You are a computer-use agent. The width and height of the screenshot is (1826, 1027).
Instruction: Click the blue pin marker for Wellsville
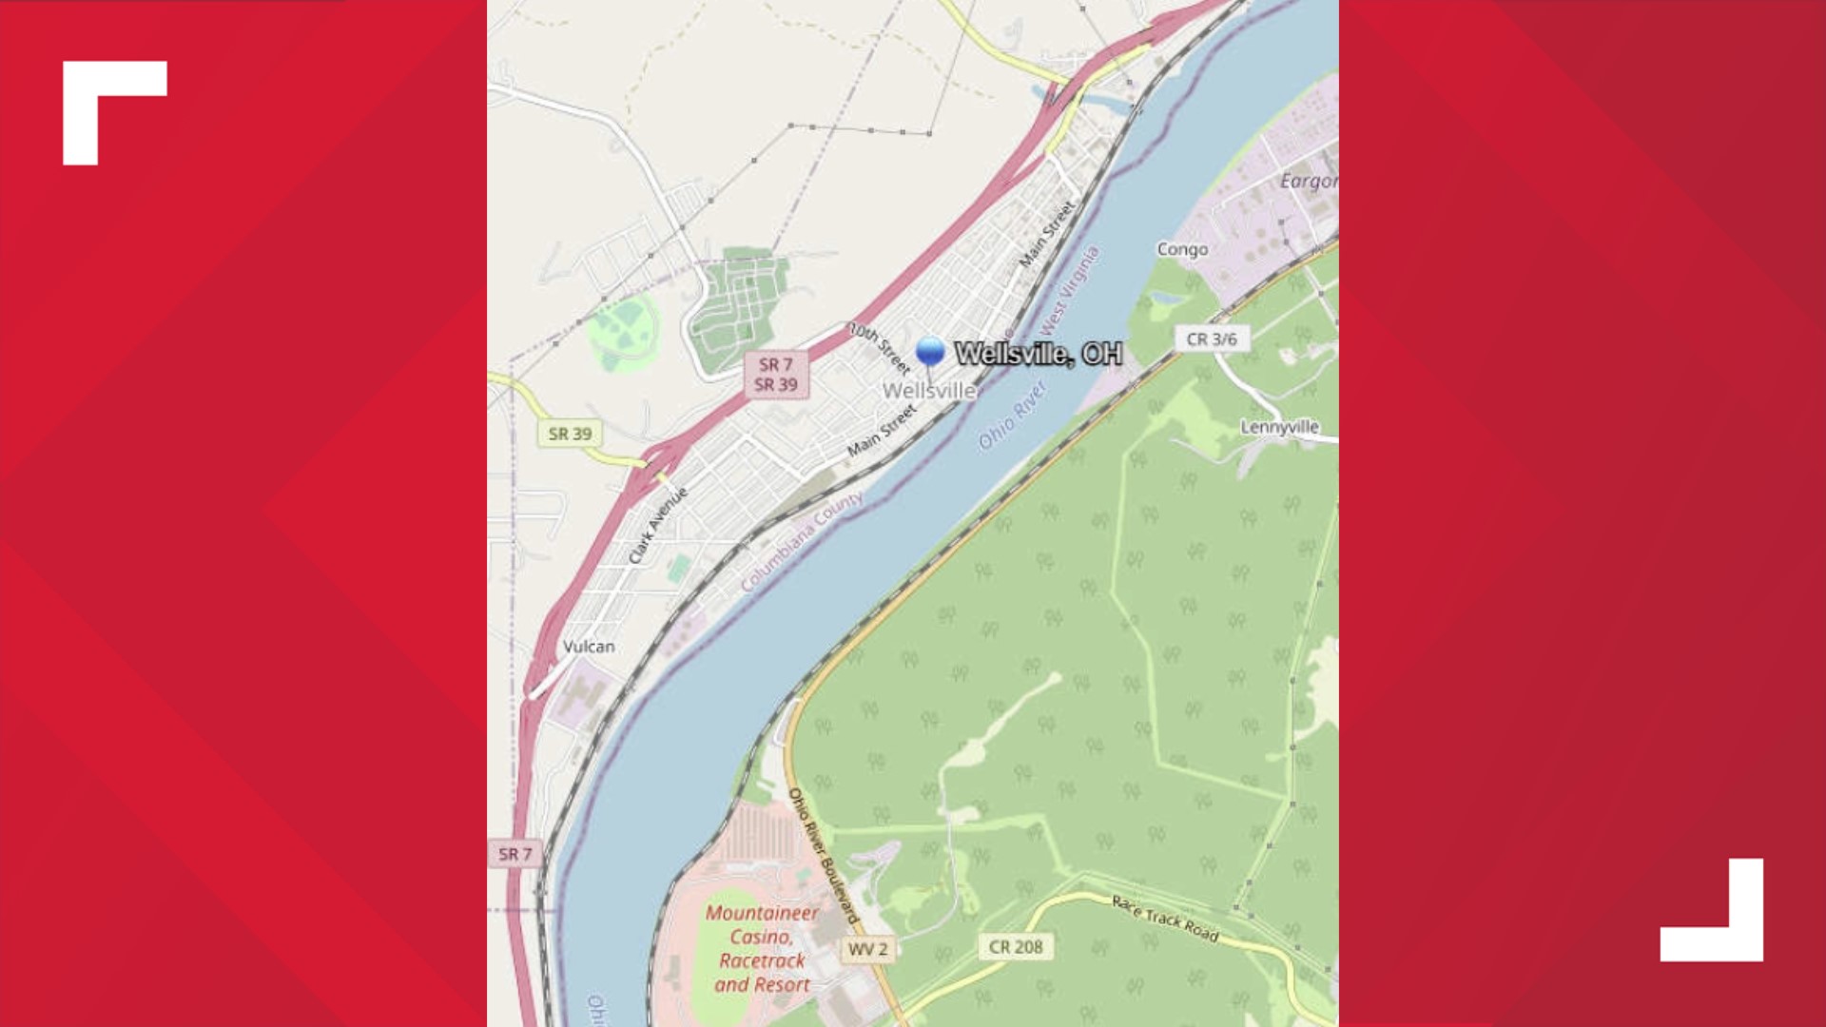tap(930, 352)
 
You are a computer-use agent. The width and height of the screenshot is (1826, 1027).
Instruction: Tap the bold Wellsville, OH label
tap(1038, 354)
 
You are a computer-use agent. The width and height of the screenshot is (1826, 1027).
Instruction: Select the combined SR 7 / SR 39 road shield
tap(775, 375)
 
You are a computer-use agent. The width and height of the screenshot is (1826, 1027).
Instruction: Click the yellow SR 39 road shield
tap(570, 434)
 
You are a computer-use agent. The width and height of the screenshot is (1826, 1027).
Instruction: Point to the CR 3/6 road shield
tap(1212, 339)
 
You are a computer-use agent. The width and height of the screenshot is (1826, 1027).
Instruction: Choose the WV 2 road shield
tap(867, 949)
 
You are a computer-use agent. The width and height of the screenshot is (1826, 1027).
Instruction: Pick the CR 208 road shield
tap(1016, 947)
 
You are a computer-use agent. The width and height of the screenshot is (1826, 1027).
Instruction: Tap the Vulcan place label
tap(589, 647)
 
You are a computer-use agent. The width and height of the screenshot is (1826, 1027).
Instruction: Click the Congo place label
tap(1182, 249)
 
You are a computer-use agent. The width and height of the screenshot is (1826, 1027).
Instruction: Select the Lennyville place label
tap(1279, 427)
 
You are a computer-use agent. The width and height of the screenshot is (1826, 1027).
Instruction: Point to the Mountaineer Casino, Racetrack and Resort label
tap(762, 949)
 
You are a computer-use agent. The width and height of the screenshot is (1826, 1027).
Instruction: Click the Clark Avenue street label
tap(657, 526)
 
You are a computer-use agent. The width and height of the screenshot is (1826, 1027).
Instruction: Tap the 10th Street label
tap(880, 347)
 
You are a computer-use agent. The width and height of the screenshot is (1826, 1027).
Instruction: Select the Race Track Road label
tap(1165, 918)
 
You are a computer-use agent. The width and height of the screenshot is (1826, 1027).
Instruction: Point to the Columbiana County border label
tap(802, 542)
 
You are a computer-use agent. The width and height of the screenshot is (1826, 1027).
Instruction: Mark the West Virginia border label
tap(1070, 290)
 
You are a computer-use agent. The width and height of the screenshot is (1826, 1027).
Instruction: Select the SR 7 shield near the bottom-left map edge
tap(515, 854)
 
